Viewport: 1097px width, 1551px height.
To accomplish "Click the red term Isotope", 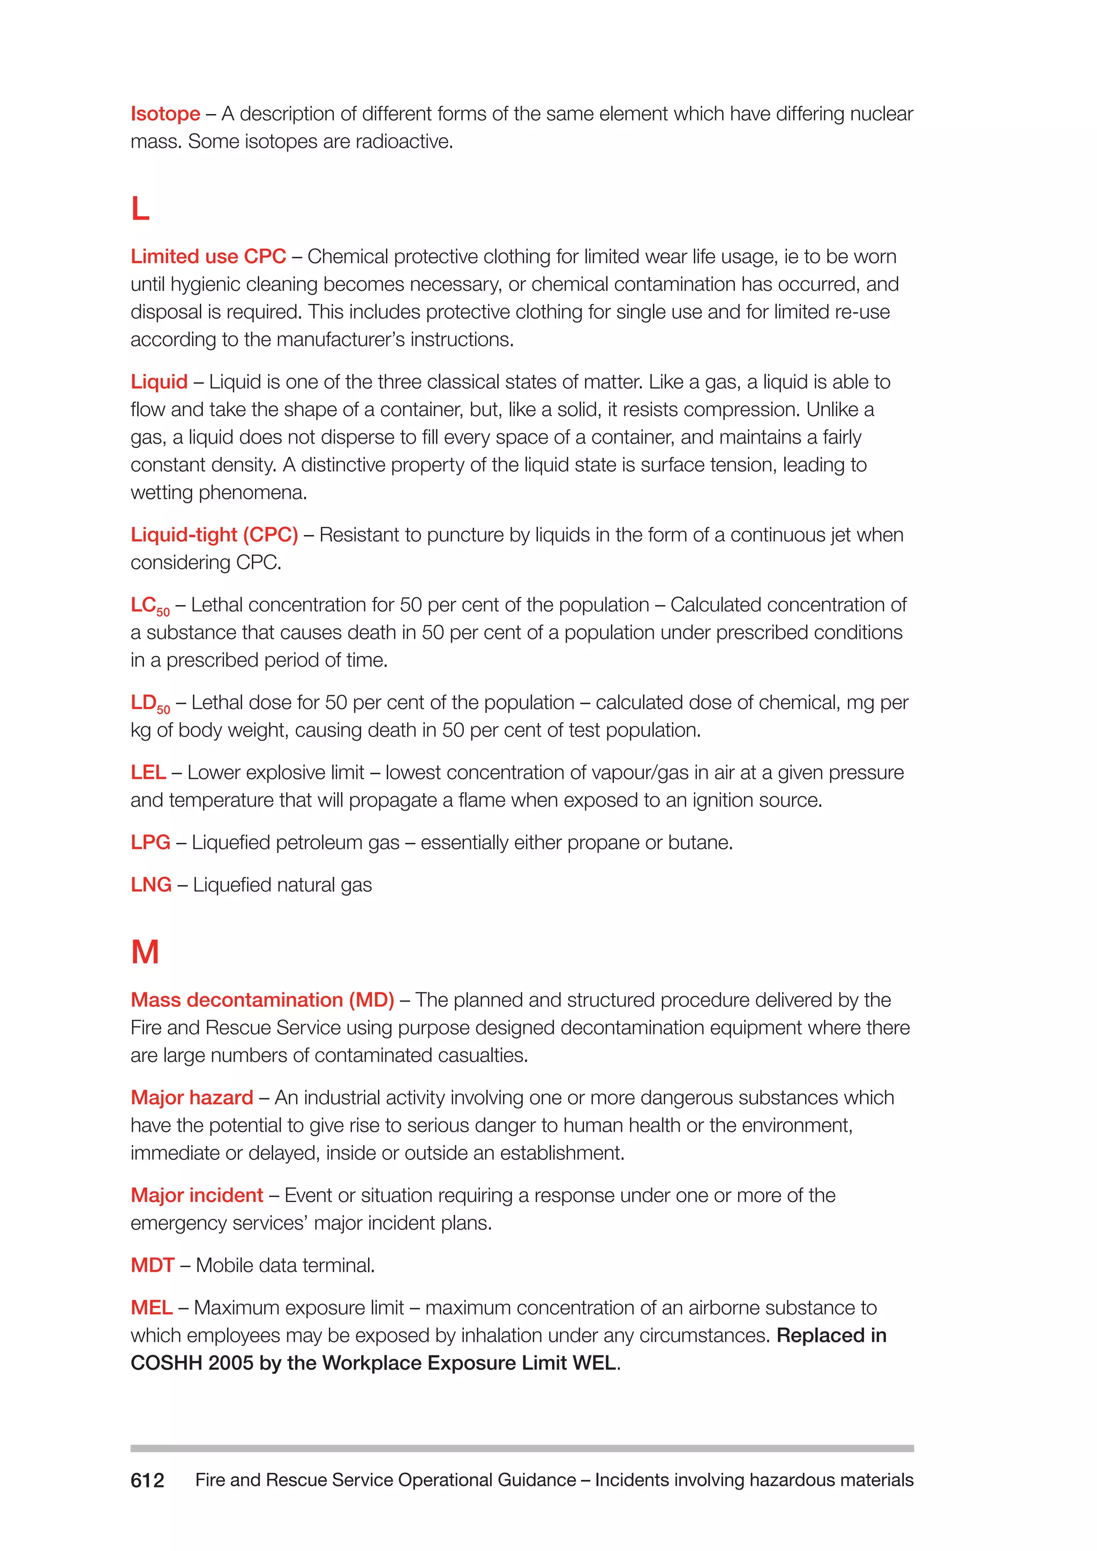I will (x=166, y=114).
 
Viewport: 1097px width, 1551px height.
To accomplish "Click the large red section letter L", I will (x=140, y=209).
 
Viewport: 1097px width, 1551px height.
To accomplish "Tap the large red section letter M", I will (x=145, y=952).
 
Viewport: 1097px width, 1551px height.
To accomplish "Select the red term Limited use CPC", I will (x=208, y=257).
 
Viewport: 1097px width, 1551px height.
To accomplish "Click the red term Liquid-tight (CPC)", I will (x=214, y=534).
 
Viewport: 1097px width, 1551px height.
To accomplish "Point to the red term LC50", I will (x=150, y=606).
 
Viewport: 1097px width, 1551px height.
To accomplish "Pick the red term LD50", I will (x=150, y=704).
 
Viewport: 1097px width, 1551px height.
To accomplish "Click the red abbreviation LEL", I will (x=148, y=772).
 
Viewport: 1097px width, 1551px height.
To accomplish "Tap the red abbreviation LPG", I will (x=151, y=842).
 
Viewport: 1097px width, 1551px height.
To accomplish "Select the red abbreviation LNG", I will (x=151, y=885).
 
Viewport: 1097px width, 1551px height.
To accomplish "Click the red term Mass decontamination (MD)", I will (x=262, y=1000).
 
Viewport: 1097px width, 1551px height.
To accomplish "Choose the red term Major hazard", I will (x=192, y=1098).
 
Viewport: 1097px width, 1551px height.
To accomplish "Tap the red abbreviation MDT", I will (x=153, y=1265).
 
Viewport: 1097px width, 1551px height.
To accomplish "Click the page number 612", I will (x=147, y=1481).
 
